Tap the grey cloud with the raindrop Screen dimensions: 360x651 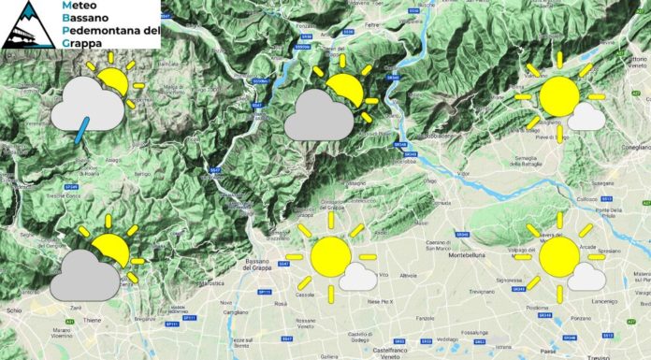[87, 106]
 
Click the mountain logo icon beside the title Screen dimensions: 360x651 [26, 24]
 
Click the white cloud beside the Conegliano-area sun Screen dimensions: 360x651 [586, 117]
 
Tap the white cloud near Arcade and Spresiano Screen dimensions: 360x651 [586, 276]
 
